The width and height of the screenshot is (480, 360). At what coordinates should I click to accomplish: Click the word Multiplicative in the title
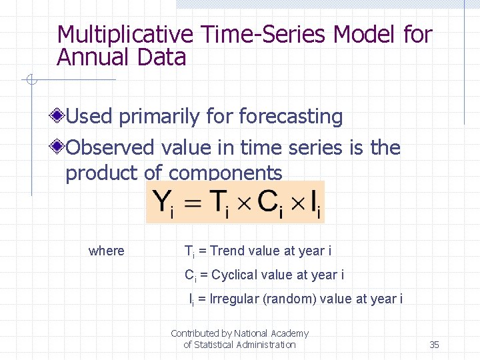pyautogui.click(x=124, y=35)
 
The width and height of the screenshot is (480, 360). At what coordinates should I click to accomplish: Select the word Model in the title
pyautogui.click(x=365, y=35)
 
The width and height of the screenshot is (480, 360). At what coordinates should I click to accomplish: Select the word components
pyautogui.click(x=225, y=173)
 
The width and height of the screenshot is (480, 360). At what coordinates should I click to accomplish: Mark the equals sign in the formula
pyautogui.click(x=193, y=203)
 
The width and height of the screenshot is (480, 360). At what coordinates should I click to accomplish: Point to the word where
pyautogui.click(x=107, y=251)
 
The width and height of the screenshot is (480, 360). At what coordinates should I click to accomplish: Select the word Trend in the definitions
pyautogui.click(x=227, y=251)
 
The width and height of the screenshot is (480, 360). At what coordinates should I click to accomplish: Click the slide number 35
pyautogui.click(x=434, y=345)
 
